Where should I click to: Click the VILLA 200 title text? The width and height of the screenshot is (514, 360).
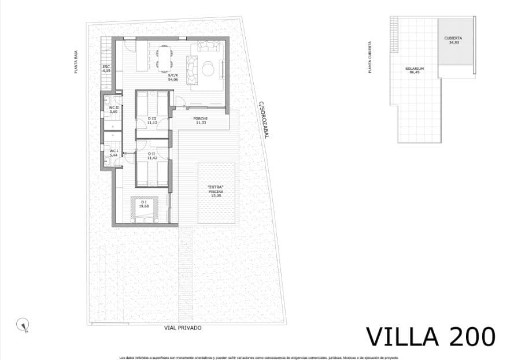tap(431, 336)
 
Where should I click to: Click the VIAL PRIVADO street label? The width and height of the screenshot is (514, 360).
tap(183, 328)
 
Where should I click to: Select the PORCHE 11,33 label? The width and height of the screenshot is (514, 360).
tap(201, 121)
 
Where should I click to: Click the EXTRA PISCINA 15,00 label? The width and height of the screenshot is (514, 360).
tap(215, 191)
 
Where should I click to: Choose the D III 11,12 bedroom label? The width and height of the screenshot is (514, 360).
tap(152, 121)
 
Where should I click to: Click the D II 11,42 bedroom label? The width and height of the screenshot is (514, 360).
tap(152, 155)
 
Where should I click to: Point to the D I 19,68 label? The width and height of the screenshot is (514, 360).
tap(144, 203)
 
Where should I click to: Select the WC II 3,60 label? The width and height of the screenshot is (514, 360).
tap(114, 109)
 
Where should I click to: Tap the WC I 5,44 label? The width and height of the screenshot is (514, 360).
tap(114, 153)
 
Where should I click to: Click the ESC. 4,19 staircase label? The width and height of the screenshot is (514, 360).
tap(106, 68)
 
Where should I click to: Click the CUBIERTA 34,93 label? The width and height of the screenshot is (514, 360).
tap(453, 40)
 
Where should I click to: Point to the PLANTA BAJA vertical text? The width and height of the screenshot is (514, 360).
tap(76, 62)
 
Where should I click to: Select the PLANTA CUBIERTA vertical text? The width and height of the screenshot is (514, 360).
tap(370, 57)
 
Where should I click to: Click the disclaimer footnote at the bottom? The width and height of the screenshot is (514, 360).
tap(258, 357)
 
